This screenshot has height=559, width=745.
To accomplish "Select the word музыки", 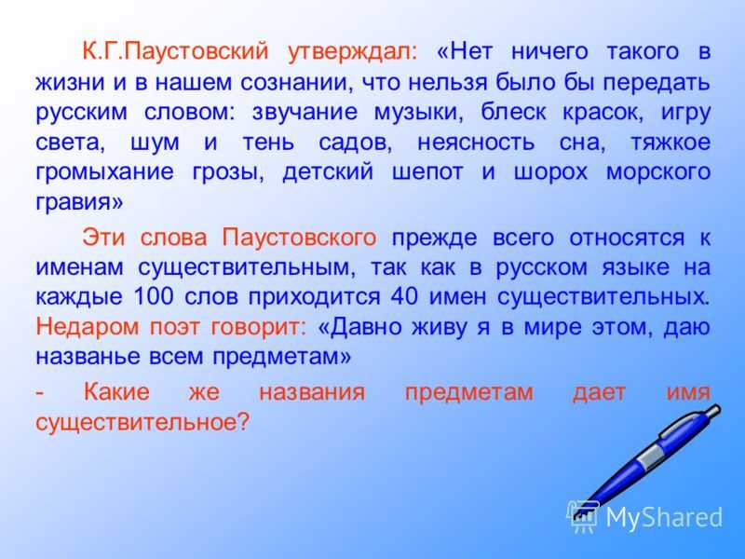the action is [418, 113].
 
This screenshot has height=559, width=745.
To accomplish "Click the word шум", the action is [155, 143].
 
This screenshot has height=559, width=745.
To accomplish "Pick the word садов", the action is [356, 143].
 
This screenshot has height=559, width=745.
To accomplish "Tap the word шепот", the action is [427, 173].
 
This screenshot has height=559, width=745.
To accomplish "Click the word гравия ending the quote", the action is [79, 202].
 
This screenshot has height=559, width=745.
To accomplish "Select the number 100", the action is [154, 296].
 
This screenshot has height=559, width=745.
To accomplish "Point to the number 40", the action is [404, 296].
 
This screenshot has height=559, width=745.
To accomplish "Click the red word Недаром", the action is [87, 327].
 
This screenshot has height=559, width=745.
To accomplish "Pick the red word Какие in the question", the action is [116, 392].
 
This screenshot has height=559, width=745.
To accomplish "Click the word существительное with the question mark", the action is [142, 422].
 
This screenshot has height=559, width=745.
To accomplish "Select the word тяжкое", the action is [670, 143].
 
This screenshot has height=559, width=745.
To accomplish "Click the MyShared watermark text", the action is [664, 517].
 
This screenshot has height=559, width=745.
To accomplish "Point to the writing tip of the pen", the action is [576, 515].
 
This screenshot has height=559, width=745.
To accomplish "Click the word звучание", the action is [305, 113].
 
